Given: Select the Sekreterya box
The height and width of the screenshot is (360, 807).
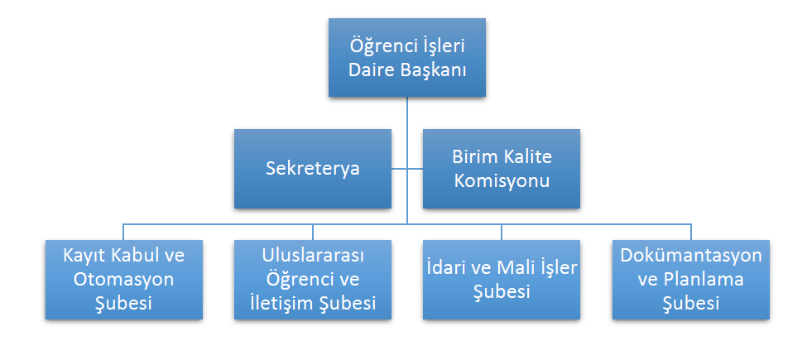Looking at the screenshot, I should tap(312, 168).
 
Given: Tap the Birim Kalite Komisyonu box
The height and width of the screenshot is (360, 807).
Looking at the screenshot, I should tap(501, 168).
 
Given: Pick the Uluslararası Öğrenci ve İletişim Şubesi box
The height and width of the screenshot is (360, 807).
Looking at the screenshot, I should tap(312, 279).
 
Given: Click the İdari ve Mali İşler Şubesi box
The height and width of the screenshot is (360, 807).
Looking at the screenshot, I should tap(501, 279).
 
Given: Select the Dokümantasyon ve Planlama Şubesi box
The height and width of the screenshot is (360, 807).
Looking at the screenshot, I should tap(690, 279).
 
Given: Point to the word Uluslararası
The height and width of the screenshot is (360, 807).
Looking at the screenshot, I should tap(312, 254).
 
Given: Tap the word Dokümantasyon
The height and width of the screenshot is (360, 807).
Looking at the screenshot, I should tap(690, 254).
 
